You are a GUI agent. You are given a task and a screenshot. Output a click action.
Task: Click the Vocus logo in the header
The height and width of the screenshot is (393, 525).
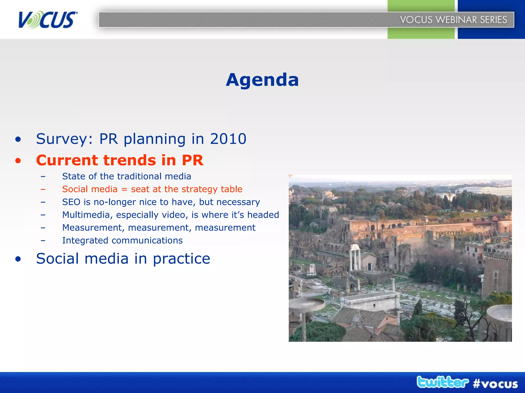(x=47, y=20)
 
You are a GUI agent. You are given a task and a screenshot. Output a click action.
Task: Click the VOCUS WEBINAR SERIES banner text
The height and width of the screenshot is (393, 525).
(x=453, y=20)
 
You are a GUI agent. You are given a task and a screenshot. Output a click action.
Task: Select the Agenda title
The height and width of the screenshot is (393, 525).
(x=262, y=80)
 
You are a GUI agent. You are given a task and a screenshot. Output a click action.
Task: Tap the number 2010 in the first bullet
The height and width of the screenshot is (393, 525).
(x=228, y=139)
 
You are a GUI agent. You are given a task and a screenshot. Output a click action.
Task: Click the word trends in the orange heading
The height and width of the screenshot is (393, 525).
(x=129, y=160)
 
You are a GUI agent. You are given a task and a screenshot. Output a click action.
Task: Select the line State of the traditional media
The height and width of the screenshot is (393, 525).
(x=127, y=176)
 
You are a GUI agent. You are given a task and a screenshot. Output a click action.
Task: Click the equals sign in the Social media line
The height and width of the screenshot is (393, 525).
(x=124, y=189)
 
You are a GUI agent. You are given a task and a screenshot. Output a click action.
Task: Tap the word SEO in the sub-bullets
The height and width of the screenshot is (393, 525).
(x=71, y=202)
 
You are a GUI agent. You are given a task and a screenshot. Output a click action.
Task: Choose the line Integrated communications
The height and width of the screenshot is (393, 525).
(x=122, y=241)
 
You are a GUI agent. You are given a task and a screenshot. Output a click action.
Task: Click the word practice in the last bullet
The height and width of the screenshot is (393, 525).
(x=181, y=259)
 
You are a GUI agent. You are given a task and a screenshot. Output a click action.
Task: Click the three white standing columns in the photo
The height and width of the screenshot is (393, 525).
(x=355, y=257)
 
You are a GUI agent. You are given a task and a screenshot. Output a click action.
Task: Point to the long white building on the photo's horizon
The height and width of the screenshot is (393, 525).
(x=484, y=191)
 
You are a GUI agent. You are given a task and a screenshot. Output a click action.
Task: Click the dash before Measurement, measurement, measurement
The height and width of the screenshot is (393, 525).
(x=43, y=228)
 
